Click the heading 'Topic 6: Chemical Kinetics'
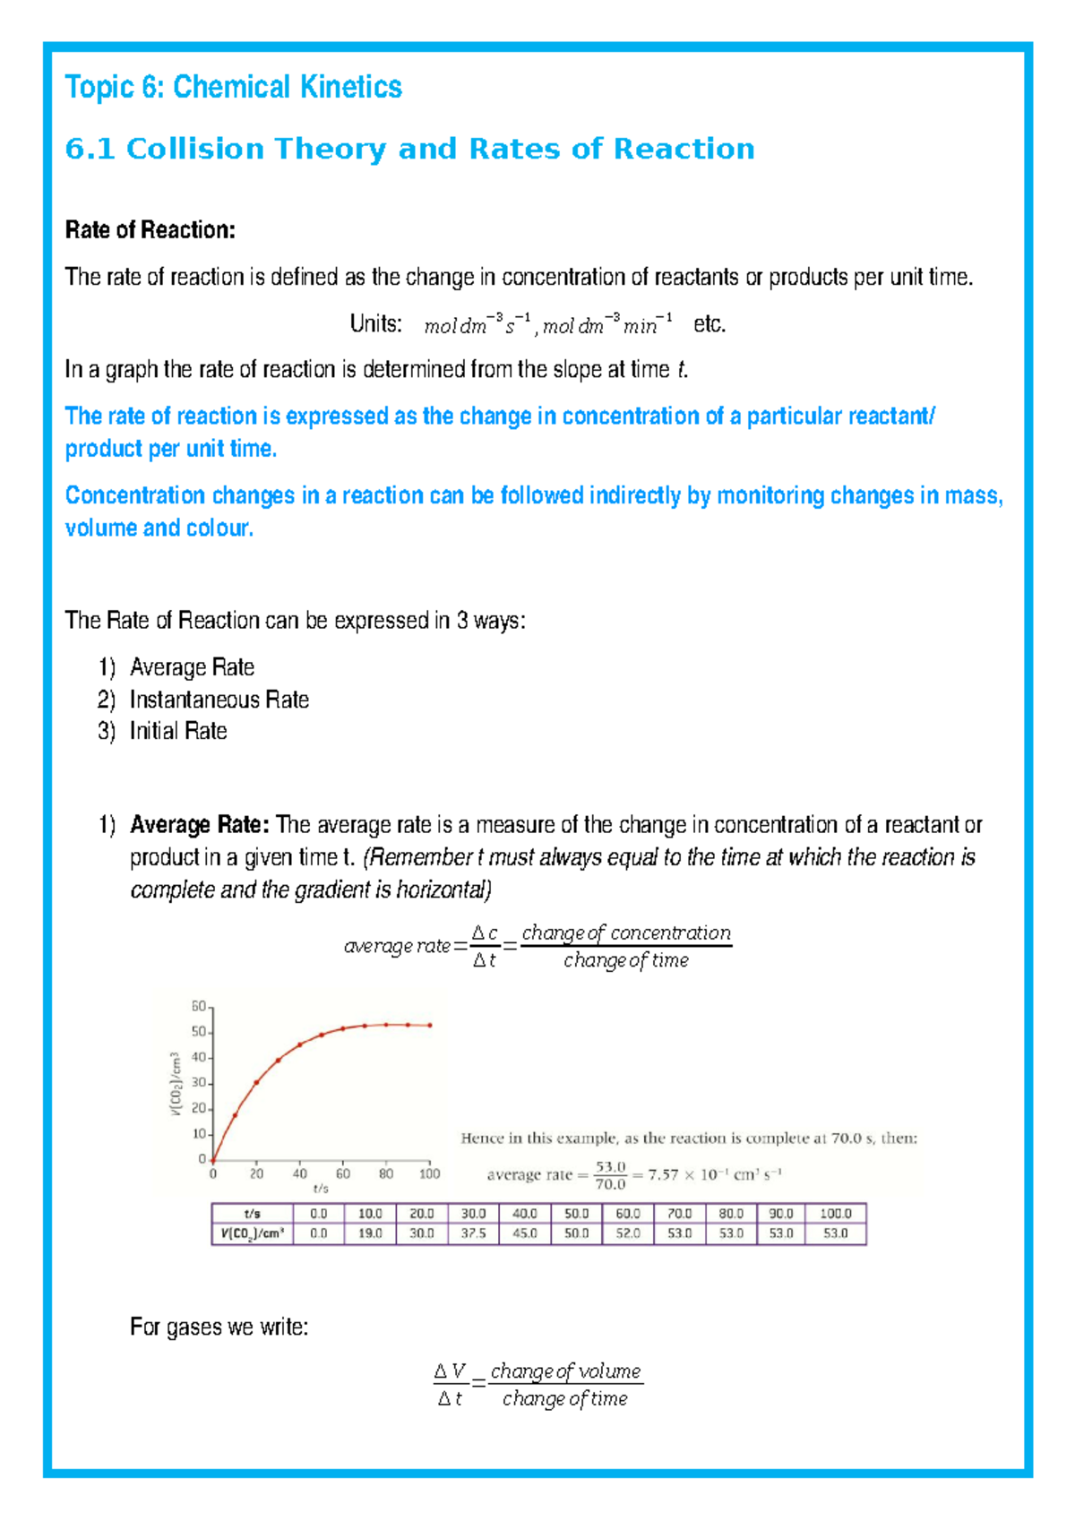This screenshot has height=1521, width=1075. pos(233,87)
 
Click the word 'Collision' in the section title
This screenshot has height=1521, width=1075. pos(195,149)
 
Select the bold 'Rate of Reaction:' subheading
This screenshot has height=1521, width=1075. pos(150,230)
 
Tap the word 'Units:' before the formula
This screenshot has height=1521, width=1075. pos(375,323)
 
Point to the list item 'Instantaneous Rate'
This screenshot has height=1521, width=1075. pos(219,700)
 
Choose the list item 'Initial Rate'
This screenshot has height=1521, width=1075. pos(177,731)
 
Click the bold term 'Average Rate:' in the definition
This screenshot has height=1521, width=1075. pos(199,825)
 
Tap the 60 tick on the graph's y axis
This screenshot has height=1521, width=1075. pos(199,1006)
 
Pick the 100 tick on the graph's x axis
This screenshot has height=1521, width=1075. pos(430,1173)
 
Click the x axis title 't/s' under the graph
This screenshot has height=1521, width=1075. pos(321,1189)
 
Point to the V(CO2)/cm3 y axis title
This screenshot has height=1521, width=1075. pos(176,1083)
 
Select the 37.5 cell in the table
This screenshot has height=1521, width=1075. pos(473,1233)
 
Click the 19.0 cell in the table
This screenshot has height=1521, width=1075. pos(370,1233)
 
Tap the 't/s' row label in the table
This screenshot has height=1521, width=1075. pos(252,1214)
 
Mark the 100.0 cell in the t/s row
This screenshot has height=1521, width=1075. pos(836,1214)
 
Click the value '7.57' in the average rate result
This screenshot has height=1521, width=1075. pos(664,1175)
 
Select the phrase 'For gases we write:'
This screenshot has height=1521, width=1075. pos(219,1327)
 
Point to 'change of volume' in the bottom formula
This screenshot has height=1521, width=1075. pos(565,1371)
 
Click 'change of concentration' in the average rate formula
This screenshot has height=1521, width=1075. pos(626,933)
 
